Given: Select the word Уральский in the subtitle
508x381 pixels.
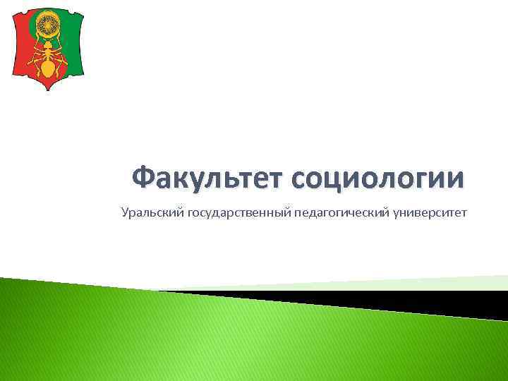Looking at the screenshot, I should point(152,212).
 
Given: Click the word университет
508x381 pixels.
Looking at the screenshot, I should point(431,212).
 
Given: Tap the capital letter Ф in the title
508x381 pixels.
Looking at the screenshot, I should point(144,178).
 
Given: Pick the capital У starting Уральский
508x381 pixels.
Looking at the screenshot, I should point(125,212).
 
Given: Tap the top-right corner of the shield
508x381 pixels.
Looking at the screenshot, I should point(83,9).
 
